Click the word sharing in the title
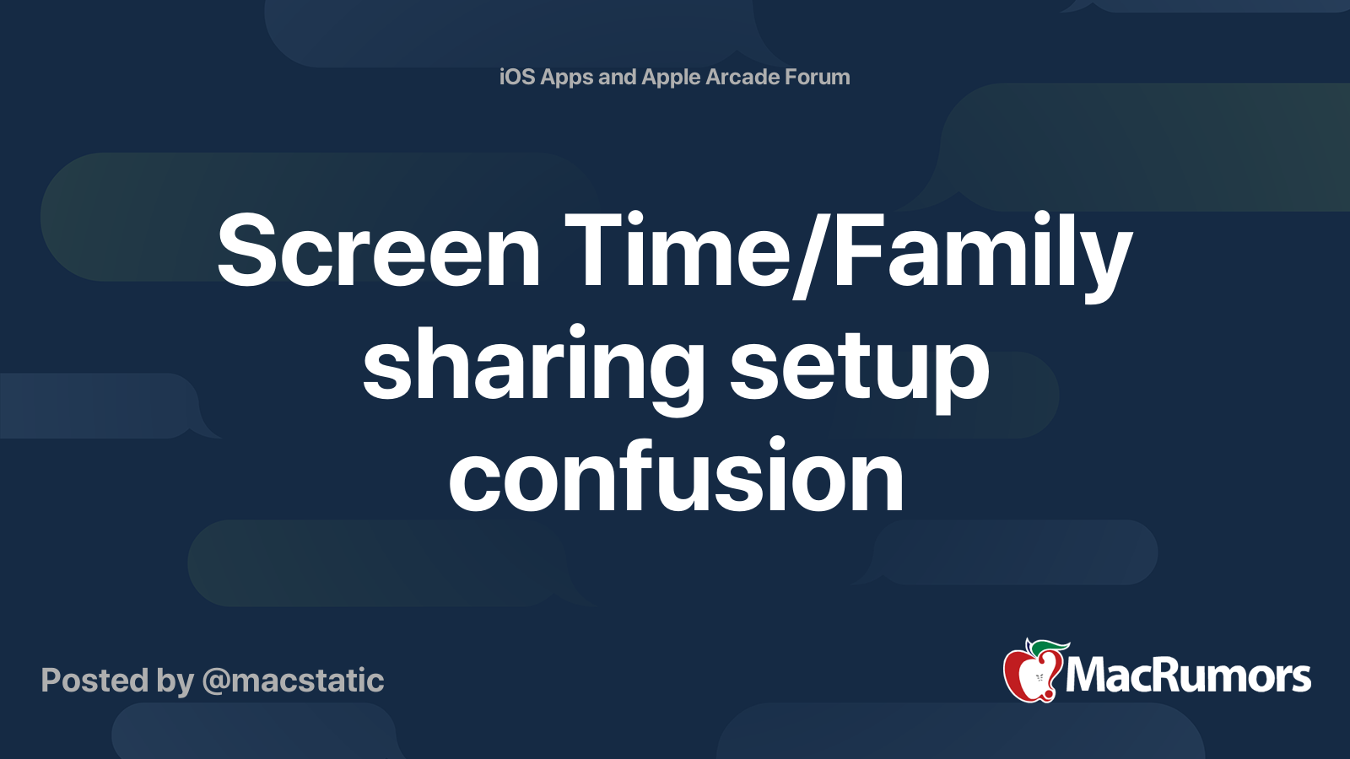(533, 366)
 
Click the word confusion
(676, 477)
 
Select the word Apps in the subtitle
(567, 78)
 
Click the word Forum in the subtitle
(817, 77)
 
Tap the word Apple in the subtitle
(671, 78)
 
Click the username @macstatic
(293, 681)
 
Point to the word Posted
(94, 681)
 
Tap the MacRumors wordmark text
(1188, 676)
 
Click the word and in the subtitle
(617, 77)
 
